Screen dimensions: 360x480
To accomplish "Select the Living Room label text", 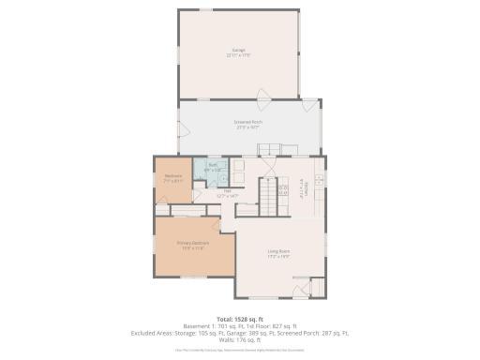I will click(x=278, y=250).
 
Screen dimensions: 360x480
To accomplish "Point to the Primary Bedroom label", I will click(x=192, y=242).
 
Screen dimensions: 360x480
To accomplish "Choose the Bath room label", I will click(x=213, y=165).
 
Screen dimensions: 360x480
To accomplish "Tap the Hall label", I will click(x=227, y=190).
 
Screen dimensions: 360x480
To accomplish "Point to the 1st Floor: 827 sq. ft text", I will click(x=276, y=325).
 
